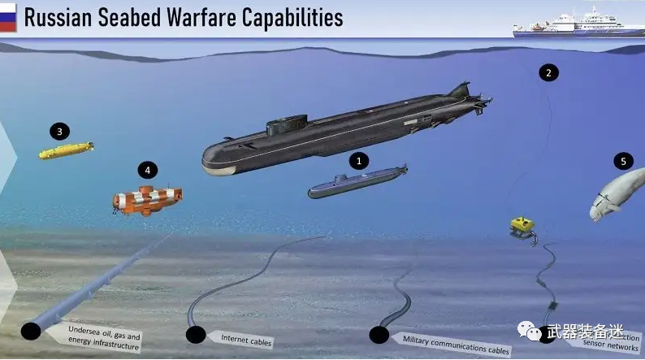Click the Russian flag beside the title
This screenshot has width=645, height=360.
(x=9, y=17)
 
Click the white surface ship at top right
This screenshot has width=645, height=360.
(x=572, y=24)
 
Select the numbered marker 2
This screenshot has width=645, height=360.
(x=548, y=72)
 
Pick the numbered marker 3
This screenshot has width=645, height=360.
(x=59, y=130)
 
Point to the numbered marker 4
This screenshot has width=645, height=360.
(x=147, y=170)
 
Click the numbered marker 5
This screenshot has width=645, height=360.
(x=623, y=161)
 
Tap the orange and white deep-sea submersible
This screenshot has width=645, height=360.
(x=148, y=200)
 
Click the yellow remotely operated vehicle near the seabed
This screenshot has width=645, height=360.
(x=524, y=225)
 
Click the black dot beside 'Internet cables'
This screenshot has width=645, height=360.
(x=195, y=334)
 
